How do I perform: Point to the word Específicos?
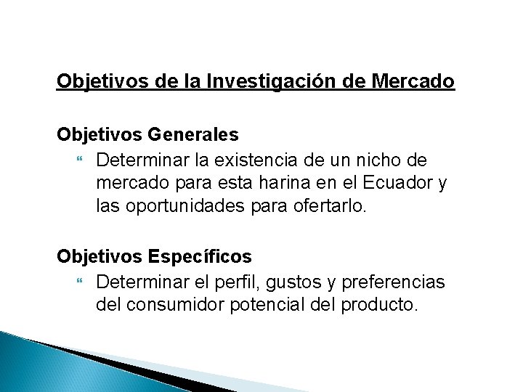pyautogui.click(x=199, y=256)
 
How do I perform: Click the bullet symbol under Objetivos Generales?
pyautogui.click(x=80, y=159)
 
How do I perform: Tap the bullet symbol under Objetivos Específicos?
pyautogui.click(x=80, y=281)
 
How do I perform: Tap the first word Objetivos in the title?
pyautogui.click(x=102, y=81)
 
